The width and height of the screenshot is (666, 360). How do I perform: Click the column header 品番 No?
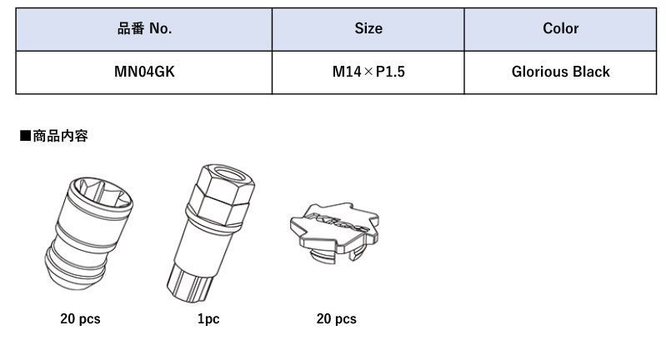coord(144,29)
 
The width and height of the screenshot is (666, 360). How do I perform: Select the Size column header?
coord(368,29)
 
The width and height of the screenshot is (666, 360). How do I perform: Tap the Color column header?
coord(560,29)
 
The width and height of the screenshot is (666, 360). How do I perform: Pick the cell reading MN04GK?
coord(144,72)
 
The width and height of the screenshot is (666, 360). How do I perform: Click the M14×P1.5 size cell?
coord(368,72)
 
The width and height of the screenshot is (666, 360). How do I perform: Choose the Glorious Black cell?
coord(560,72)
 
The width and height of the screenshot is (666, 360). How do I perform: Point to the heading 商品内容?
coord(60,136)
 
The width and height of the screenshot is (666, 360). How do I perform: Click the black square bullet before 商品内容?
coord(26,136)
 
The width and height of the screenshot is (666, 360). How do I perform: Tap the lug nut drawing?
coord(88,233)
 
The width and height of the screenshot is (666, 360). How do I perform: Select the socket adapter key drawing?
coord(210,233)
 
